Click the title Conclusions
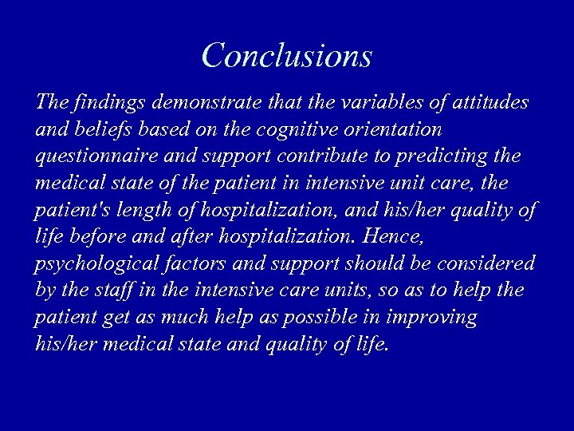287,55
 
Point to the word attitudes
489,103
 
